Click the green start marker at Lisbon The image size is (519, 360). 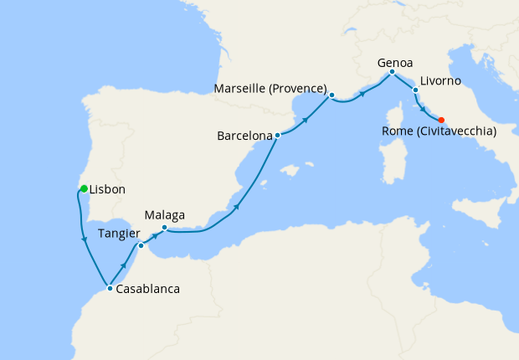84,188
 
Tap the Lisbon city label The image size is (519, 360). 107,190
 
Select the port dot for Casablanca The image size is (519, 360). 110,288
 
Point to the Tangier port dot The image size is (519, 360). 141,245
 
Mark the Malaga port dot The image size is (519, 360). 164,228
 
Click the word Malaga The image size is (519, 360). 164,214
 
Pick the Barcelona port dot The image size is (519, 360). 277,135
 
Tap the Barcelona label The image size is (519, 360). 244,135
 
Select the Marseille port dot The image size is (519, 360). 332,95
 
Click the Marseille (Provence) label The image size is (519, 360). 270,87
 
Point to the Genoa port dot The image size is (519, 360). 392,73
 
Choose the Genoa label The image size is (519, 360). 394,62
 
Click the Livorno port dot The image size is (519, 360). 415,89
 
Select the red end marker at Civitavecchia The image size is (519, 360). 441,119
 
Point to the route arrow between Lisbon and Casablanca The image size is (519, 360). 85,242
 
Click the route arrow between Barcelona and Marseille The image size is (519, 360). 306,119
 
